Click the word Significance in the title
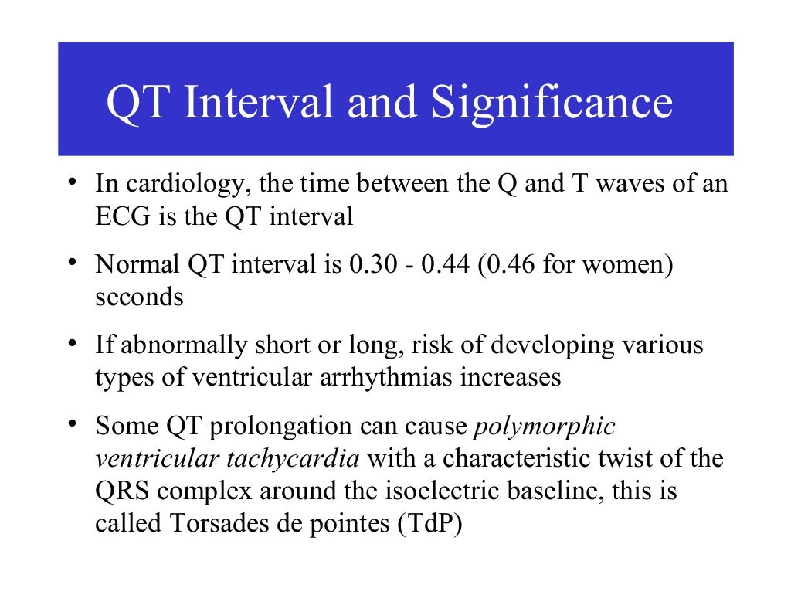[552, 103]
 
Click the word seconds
[139, 297]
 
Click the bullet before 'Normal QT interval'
[70, 263]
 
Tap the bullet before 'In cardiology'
[70, 182]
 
